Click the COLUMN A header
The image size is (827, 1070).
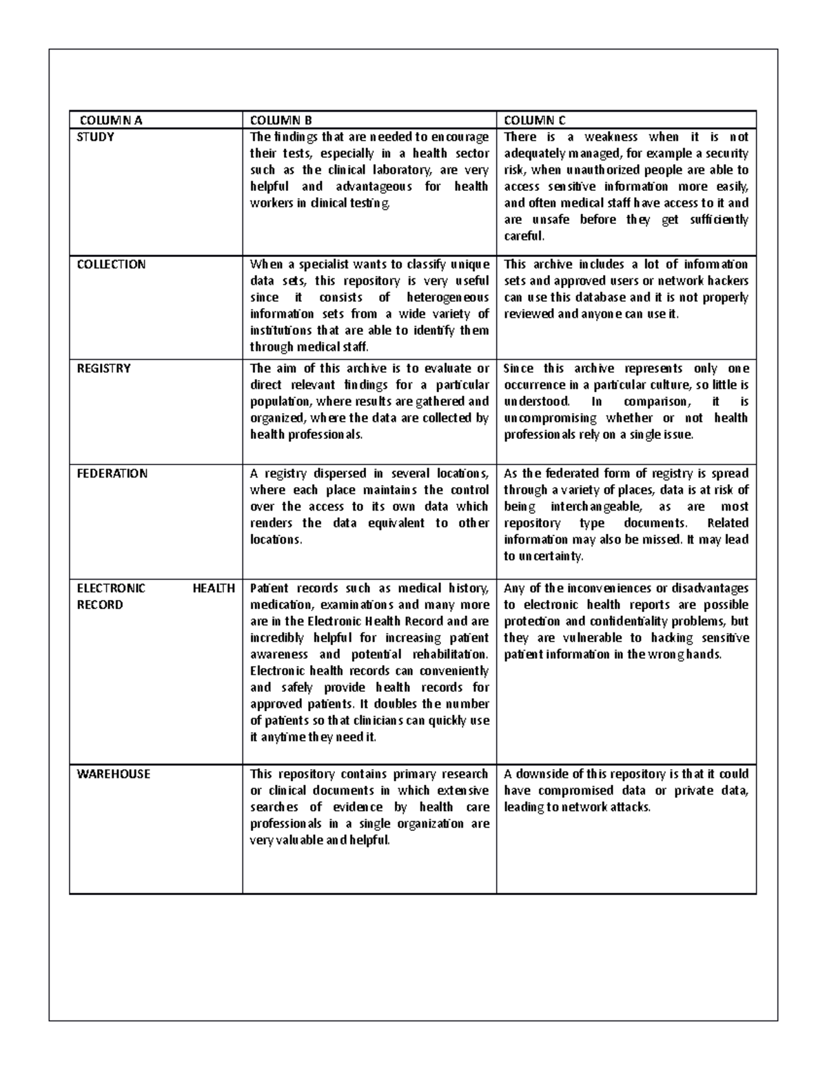click(110, 120)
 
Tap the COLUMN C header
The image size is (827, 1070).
click(535, 120)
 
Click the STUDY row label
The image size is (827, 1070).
click(95, 136)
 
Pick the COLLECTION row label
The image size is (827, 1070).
click(111, 264)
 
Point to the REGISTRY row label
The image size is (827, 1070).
click(103, 368)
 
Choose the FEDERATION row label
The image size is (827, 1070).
click(112, 473)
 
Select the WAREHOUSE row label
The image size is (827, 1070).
click(113, 774)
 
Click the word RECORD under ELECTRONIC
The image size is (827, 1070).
click(100, 605)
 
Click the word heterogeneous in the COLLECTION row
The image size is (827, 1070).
click(448, 297)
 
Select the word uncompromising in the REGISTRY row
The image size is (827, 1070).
click(550, 418)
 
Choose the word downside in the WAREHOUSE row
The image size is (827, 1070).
click(538, 774)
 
